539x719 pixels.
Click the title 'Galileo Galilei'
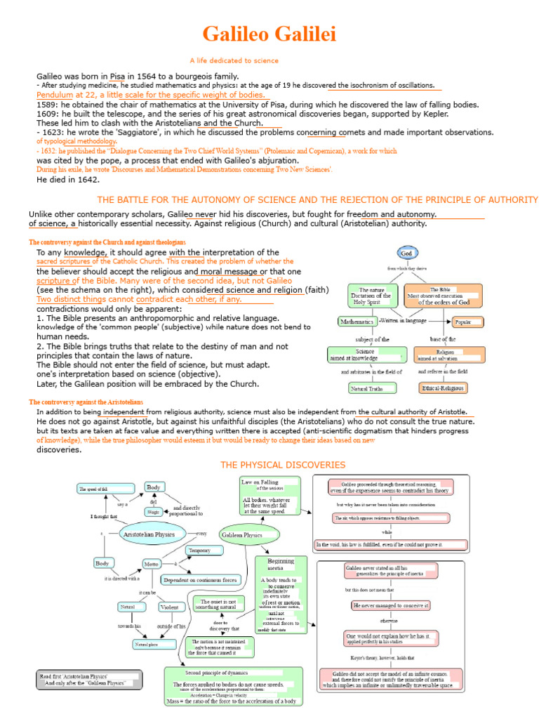[x=269, y=34]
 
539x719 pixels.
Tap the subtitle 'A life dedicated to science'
[x=234, y=60]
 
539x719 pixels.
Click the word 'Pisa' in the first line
[x=118, y=76]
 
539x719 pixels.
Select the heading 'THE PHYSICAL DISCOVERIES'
[x=283, y=465]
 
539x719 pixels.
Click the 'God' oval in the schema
[x=406, y=253]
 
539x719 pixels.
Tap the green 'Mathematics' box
[x=357, y=322]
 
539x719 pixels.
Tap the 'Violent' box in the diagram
[x=169, y=607]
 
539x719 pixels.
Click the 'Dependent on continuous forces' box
[x=201, y=580]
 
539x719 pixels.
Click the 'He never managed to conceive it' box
[x=391, y=605]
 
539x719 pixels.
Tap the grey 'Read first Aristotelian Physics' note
[x=89, y=679]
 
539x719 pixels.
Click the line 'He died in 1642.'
[x=68, y=180]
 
